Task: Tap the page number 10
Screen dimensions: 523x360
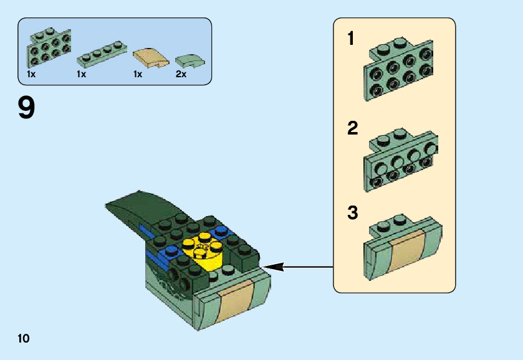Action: tap(24, 338)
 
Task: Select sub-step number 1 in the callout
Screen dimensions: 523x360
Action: tap(351, 39)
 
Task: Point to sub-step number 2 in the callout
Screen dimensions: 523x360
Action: tap(353, 129)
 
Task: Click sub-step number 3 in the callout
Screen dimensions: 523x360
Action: tap(353, 212)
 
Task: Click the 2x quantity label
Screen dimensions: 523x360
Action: tap(181, 73)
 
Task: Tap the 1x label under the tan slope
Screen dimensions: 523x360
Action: tap(138, 73)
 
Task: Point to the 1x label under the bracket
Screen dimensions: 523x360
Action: tap(31, 73)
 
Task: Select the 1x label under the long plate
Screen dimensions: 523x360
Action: tap(81, 73)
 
